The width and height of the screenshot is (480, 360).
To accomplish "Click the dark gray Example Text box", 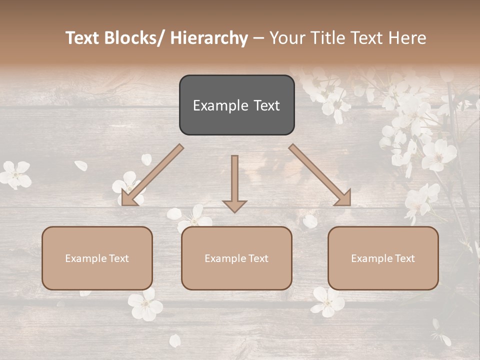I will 236,105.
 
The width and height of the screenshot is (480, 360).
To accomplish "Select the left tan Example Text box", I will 97,258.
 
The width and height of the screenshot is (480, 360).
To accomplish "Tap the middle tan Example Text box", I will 236,258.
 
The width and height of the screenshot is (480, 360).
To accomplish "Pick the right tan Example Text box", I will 383,258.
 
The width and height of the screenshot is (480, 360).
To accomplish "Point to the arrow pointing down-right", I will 320,175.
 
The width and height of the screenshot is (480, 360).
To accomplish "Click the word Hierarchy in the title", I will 209,38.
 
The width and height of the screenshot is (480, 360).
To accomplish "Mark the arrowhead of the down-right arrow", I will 343,198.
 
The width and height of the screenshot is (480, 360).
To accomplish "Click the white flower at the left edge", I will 15,174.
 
